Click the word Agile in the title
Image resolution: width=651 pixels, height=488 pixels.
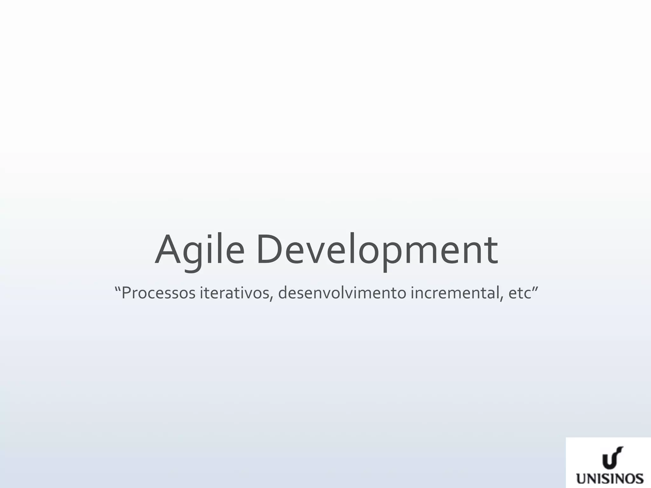point(200,250)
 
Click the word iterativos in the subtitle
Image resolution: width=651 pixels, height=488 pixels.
point(235,293)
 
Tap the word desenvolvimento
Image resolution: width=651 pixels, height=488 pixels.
point(342,293)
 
